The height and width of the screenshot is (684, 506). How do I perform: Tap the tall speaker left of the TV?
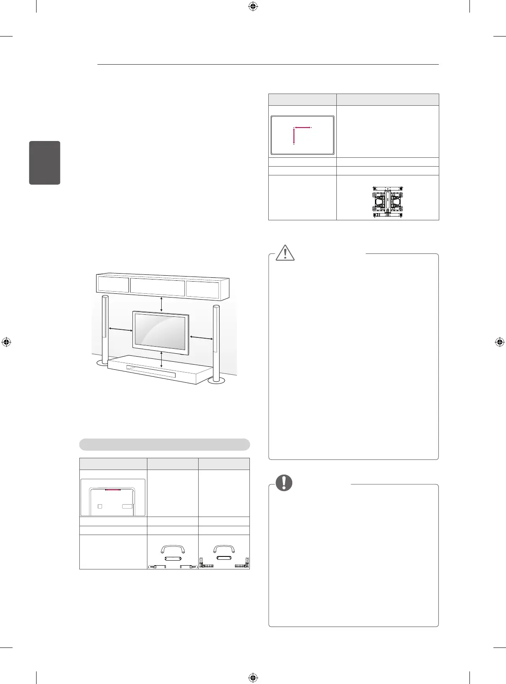click(x=105, y=329)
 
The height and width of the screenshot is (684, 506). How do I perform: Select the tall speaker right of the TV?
click(x=216, y=342)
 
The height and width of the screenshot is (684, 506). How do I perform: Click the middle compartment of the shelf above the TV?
click(x=157, y=286)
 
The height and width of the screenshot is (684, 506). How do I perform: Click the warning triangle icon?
click(x=286, y=252)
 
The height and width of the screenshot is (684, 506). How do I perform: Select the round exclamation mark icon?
click(x=284, y=483)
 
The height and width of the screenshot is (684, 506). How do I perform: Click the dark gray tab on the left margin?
click(x=45, y=163)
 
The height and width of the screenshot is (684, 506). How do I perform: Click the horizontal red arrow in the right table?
click(x=302, y=127)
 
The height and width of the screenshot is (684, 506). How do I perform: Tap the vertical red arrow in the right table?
click(x=294, y=136)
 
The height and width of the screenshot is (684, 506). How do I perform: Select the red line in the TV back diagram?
click(x=113, y=489)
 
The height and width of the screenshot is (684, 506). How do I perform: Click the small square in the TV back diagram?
click(x=100, y=506)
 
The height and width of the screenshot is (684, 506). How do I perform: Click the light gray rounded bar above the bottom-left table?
click(x=165, y=444)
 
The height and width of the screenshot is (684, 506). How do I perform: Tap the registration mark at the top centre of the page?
click(x=253, y=6)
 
